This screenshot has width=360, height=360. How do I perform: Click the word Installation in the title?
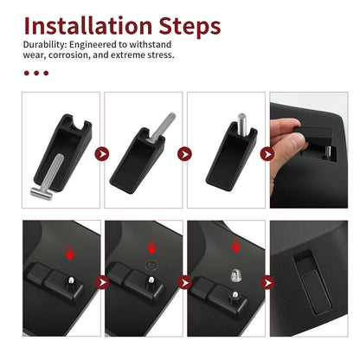[88, 26]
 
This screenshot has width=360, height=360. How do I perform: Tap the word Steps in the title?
[190, 27]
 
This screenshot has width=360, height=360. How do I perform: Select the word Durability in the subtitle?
[45, 45]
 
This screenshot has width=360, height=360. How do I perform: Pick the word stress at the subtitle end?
[161, 55]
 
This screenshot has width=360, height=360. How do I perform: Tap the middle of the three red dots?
[36, 73]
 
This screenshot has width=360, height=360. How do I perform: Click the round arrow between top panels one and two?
[102, 154]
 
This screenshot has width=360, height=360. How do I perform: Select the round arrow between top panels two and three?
[184, 154]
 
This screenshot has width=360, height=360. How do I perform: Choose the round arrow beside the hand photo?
[267, 154]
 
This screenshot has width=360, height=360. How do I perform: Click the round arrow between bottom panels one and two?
[102, 282]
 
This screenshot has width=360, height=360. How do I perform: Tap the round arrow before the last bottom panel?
[267, 282]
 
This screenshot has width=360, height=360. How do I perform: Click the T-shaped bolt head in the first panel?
[42, 193]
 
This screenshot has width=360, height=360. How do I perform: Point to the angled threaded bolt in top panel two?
[161, 127]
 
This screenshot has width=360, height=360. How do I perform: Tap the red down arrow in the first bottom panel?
[70, 252]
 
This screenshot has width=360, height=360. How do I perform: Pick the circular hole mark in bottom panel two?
[151, 266]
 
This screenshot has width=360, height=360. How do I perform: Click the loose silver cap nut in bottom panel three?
[235, 275]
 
